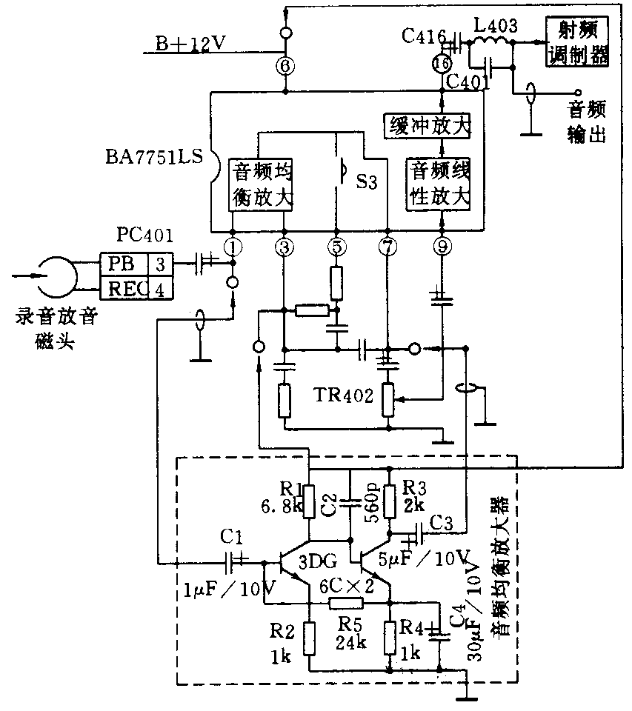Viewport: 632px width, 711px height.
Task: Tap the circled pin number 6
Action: pyautogui.click(x=285, y=65)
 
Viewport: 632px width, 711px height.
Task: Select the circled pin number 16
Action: pyautogui.click(x=442, y=64)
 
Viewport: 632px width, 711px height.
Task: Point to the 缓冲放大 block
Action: pyautogui.click(x=428, y=125)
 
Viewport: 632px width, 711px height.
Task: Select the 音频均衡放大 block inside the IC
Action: pyautogui.click(x=263, y=184)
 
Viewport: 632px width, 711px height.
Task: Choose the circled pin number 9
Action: pyautogui.click(x=442, y=247)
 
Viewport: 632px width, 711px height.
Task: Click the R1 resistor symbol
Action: pyautogui.click(x=310, y=500)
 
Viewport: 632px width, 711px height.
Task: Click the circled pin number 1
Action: pyautogui.click(x=233, y=247)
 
